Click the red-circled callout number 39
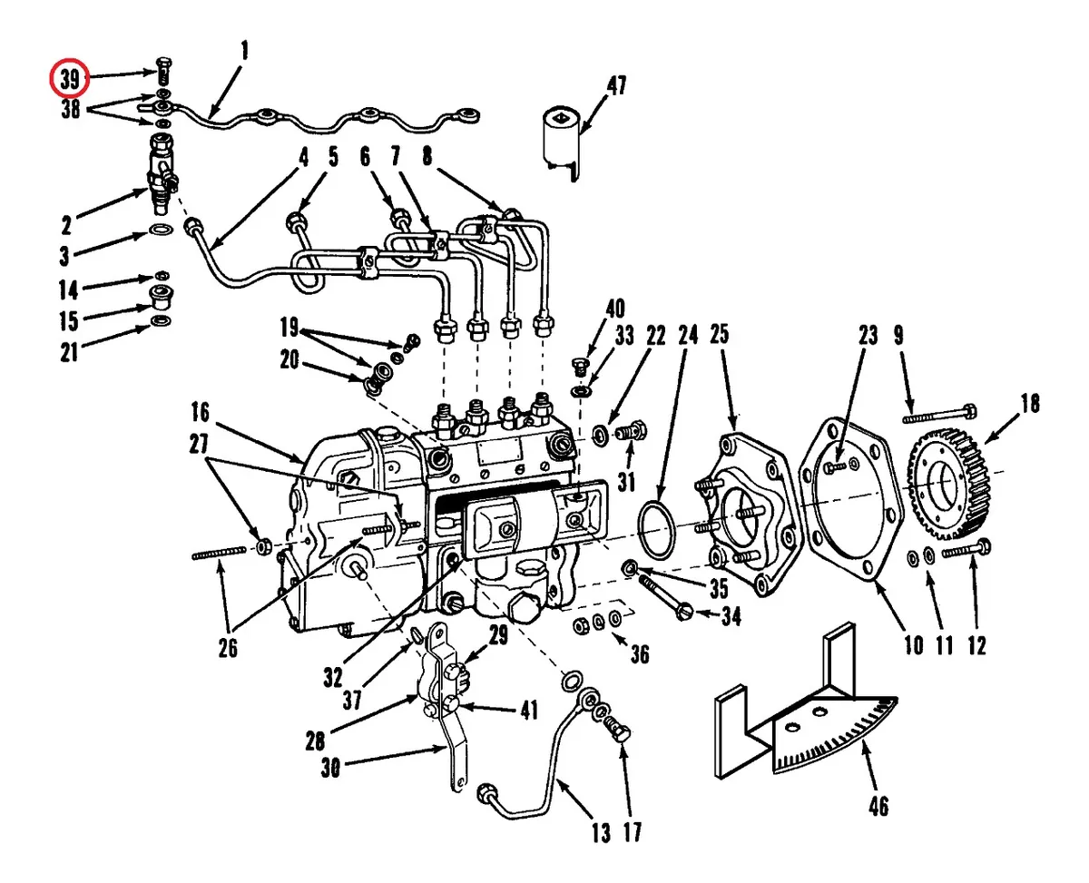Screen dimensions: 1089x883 [x=70, y=79]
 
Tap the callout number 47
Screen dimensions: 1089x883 [x=616, y=85]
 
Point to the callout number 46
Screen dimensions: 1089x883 [x=878, y=806]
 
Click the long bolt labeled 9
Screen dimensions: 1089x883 [x=939, y=414]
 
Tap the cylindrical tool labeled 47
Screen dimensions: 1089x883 [x=562, y=143]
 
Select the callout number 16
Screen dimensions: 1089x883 [x=201, y=412]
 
